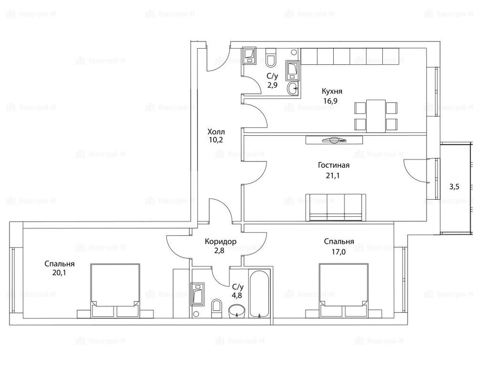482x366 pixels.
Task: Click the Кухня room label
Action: click(x=332, y=91)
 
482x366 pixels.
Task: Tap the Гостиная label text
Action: click(x=334, y=165)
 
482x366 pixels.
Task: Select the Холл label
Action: click(x=216, y=132)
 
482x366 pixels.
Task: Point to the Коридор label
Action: click(x=220, y=242)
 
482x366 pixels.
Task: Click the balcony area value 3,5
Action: click(x=454, y=186)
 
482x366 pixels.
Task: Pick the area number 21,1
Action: click(x=332, y=176)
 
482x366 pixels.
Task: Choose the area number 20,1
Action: click(x=59, y=273)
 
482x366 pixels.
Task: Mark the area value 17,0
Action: click(x=339, y=252)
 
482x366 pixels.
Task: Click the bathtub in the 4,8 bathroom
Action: click(x=259, y=294)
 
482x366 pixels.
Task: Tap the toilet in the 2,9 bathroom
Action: click(x=271, y=58)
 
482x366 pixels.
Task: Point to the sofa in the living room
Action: click(x=336, y=207)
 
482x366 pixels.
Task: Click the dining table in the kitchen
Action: click(x=376, y=116)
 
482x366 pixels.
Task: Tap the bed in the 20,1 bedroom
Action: click(x=115, y=290)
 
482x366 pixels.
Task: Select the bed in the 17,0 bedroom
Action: click(x=344, y=290)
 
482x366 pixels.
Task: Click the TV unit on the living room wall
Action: click(x=334, y=141)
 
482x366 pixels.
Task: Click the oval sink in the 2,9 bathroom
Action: click(x=293, y=89)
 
